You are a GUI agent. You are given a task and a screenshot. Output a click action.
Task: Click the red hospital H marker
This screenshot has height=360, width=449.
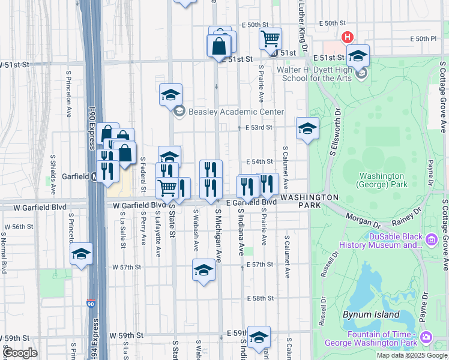click(347, 38)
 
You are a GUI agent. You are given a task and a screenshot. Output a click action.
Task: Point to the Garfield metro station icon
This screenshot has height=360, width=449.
click(95, 178)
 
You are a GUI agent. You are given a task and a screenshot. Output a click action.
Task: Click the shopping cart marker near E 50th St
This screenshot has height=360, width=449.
click(271, 39)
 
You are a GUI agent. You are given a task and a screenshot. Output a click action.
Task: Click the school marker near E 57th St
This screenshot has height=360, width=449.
click(203, 270)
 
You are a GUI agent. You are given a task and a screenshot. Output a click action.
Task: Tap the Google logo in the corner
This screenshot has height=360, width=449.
click(20, 353)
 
